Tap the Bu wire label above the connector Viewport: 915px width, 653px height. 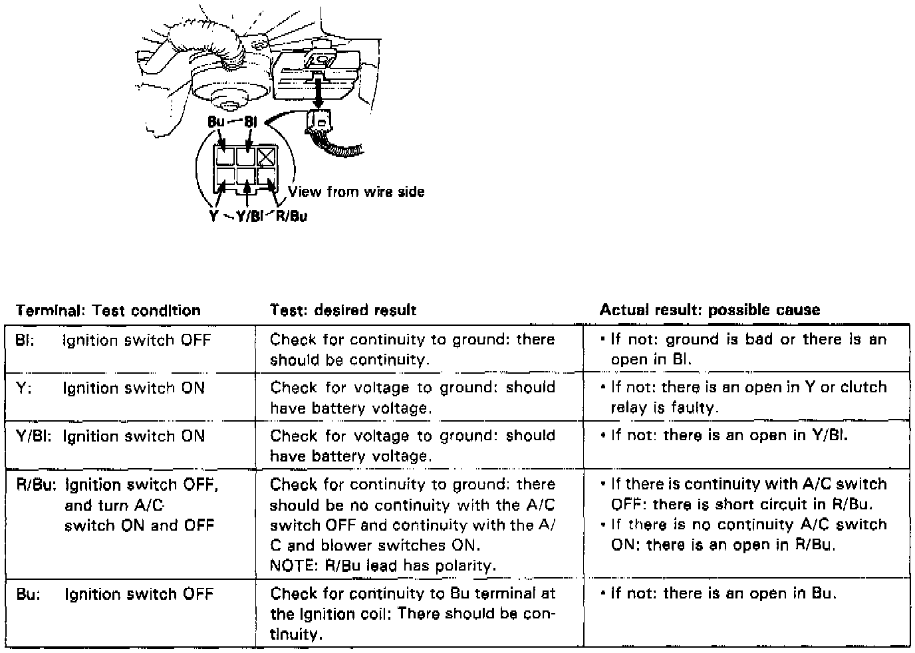(x=216, y=122)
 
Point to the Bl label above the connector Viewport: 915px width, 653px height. (x=251, y=122)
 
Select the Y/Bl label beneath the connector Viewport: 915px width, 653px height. (x=250, y=215)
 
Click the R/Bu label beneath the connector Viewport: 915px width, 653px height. (x=291, y=215)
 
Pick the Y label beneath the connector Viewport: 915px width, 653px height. (x=213, y=215)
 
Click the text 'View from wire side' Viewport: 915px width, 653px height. (x=356, y=192)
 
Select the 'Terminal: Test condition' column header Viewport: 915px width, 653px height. (x=108, y=311)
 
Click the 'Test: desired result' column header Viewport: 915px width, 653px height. (x=343, y=310)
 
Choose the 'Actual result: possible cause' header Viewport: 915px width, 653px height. (x=710, y=310)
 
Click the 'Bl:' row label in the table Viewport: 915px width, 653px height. (x=25, y=340)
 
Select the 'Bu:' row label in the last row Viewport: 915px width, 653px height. (x=28, y=594)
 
